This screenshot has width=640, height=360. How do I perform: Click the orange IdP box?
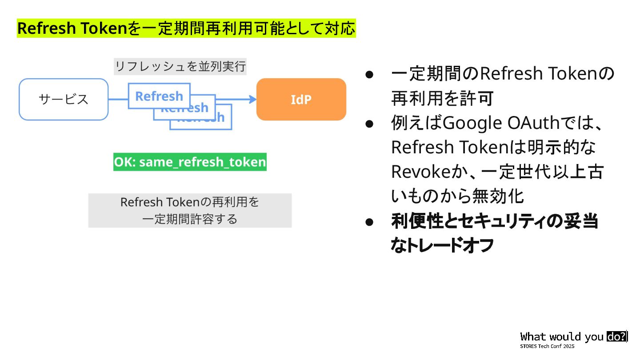301,100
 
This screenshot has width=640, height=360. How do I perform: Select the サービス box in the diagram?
64,100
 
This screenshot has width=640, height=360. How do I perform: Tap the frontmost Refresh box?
159,96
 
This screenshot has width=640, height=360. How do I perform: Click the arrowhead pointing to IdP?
252,99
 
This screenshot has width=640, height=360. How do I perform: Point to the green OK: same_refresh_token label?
190,162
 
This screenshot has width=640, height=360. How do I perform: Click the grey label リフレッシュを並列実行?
180,67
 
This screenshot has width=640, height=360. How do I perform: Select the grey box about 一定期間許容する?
190,211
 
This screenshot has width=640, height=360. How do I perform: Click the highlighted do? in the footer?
616,336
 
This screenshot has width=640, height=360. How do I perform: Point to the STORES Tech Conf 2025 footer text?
547,346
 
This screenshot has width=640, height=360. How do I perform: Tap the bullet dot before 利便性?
368,221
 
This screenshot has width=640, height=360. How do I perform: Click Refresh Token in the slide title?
72,29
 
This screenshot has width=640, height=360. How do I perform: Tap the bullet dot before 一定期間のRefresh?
368,74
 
